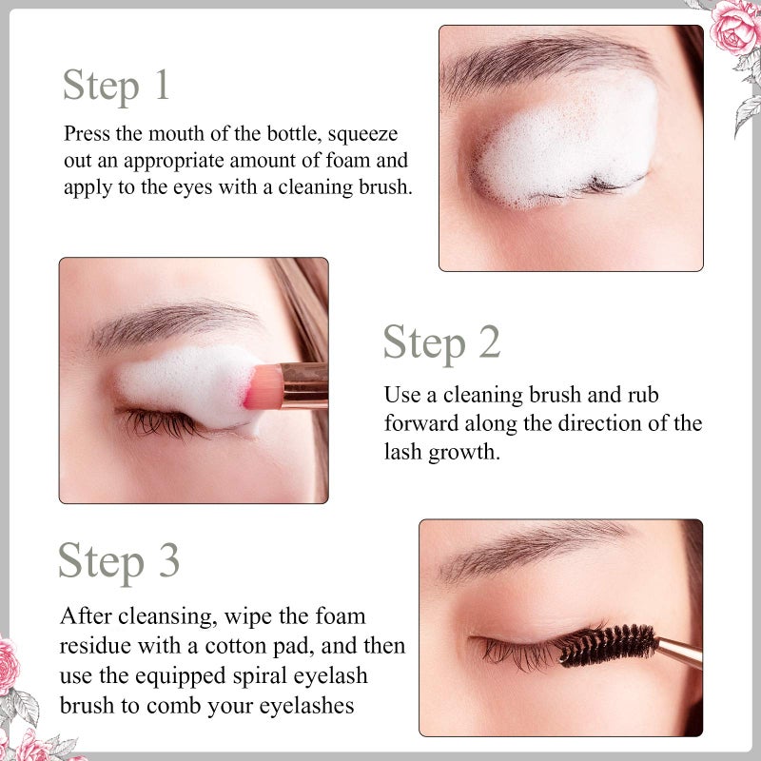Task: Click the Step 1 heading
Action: (116, 85)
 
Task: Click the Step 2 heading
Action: (441, 342)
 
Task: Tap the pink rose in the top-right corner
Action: (734, 27)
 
